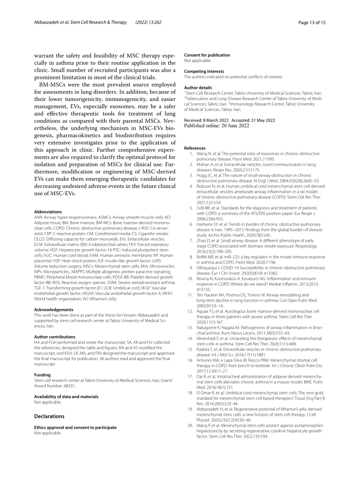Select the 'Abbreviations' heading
(x=49, y=211)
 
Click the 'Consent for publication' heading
(x=207, y=55)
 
